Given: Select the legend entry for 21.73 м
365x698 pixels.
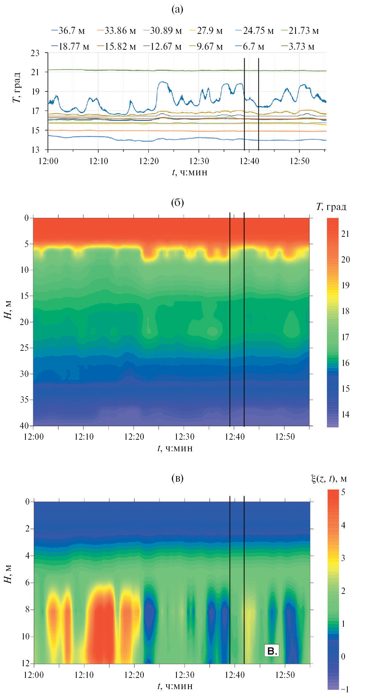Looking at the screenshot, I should pos(300,31).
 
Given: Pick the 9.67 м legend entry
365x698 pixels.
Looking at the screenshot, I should pos(206,47).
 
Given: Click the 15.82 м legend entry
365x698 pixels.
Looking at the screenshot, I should pos(116,47).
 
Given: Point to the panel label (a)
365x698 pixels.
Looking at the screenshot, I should pos(177,9).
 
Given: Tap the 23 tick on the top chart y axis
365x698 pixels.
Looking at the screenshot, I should pos(35,53).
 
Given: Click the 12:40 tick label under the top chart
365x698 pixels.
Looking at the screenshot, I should pos(249,161).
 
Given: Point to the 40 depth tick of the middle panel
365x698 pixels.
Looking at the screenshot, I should pos(24,426).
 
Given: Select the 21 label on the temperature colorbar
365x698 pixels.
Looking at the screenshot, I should pos(345,234).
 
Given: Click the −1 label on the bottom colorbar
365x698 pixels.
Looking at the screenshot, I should pos(345,689).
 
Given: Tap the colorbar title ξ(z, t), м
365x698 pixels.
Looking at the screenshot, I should pos(329,479).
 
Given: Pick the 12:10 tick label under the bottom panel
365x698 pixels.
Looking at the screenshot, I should pos(84,675).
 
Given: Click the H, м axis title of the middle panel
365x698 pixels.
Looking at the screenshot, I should pos(8,310).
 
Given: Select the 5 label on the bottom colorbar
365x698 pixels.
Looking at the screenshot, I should pos(343,492).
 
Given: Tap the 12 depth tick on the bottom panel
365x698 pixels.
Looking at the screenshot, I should pos(25,663).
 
